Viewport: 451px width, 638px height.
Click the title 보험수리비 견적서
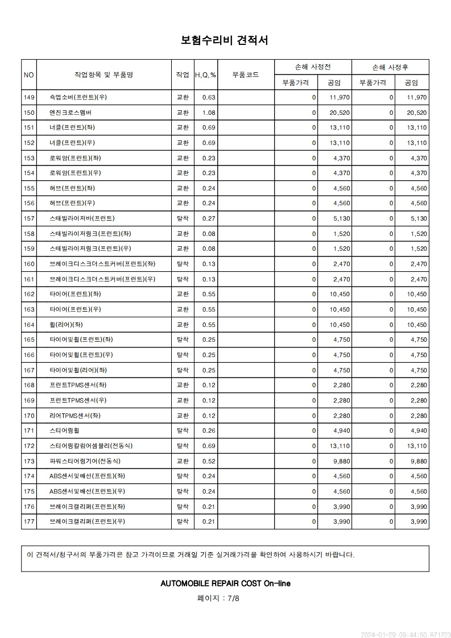point(225,40)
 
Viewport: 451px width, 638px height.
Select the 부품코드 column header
point(246,74)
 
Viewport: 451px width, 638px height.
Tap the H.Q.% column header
point(205,75)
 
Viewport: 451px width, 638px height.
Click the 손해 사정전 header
point(313,67)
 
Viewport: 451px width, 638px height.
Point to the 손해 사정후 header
point(390,67)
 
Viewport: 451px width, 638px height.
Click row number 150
point(29,113)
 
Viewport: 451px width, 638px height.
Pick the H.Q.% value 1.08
point(209,113)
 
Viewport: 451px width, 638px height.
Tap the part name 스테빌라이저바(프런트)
point(82,218)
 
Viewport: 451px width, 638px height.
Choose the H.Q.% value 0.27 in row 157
point(209,218)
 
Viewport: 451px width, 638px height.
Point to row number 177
point(29,521)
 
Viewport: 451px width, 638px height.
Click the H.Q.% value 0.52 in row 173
point(209,461)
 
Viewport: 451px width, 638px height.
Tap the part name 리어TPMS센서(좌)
point(75,416)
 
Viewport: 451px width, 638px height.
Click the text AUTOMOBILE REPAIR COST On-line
point(225,583)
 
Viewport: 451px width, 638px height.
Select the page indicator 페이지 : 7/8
point(218,598)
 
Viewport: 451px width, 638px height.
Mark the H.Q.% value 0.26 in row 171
point(209,430)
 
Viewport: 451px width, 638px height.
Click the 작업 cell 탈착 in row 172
point(183,446)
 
